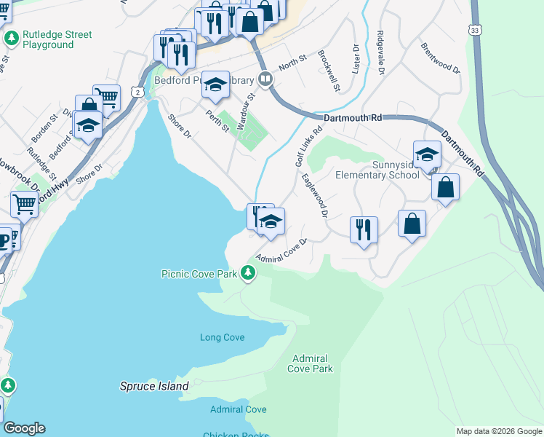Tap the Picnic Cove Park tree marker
tap(249, 273)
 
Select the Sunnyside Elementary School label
tap(377, 170)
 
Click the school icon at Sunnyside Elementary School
tap(427, 154)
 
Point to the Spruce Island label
tap(154, 386)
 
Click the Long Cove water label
tap(222, 337)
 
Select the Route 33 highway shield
tap(475, 31)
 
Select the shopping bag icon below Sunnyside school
tap(412, 223)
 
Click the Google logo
tap(24, 428)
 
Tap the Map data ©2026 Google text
tap(498, 431)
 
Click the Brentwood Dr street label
tap(441, 58)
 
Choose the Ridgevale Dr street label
tap(380, 52)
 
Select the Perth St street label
tap(217, 120)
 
